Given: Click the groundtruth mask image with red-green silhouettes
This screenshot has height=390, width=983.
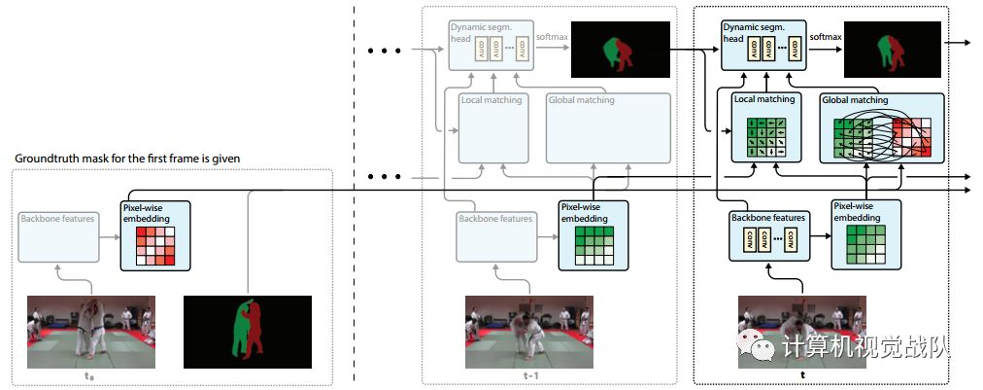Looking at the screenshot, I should pyautogui.click(x=248, y=332).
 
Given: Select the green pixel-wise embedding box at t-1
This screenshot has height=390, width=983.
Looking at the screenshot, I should pyautogui.click(x=593, y=234).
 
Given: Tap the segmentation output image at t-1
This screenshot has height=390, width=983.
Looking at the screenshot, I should pyautogui.click(x=621, y=50).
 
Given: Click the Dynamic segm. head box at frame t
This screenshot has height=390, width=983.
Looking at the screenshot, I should pyautogui.click(x=763, y=44).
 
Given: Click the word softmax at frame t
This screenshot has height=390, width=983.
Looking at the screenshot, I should pyautogui.click(x=826, y=37).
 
